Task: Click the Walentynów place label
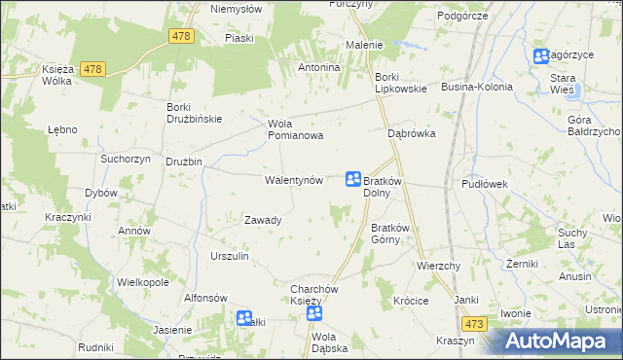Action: [x=293, y=181]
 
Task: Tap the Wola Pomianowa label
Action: [x=295, y=129]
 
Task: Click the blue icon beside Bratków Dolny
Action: [x=353, y=179]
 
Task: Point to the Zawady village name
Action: [x=263, y=220]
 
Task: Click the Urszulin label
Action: [x=230, y=256]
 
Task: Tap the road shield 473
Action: [x=474, y=324]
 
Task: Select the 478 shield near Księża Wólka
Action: [x=92, y=68]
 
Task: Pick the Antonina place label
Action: [x=318, y=68]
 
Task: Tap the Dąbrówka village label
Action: [x=411, y=133]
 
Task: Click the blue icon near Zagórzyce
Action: [x=540, y=56]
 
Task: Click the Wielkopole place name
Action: [x=143, y=282]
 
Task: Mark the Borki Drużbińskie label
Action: [x=195, y=113]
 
